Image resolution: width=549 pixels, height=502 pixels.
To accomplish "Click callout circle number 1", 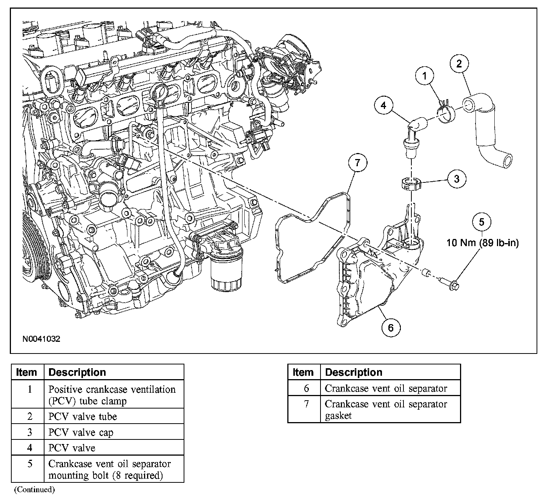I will [425, 77].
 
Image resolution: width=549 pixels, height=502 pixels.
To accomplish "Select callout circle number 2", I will [459, 64].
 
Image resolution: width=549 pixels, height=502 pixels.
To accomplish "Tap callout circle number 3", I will [457, 179].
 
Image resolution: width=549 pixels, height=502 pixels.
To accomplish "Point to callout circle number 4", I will [383, 105].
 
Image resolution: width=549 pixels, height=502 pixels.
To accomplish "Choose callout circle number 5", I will [482, 222].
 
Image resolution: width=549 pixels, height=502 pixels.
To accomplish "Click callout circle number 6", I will [390, 328].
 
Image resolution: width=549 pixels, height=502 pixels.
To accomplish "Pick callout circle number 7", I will [357, 163].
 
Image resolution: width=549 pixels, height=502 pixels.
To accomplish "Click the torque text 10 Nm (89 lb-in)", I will [483, 243].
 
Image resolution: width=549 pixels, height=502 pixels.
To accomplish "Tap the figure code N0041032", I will [41, 339].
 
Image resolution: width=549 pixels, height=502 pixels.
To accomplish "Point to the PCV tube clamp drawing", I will [445, 113].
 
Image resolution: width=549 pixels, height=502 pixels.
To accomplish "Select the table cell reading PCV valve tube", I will [83, 416].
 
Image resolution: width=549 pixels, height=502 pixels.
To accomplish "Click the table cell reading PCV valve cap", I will [81, 432].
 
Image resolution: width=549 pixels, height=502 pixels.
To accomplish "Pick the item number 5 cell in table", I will [29, 464].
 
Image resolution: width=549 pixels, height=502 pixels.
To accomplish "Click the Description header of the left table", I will [77, 372].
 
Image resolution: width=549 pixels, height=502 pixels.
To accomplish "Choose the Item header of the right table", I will [303, 372].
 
